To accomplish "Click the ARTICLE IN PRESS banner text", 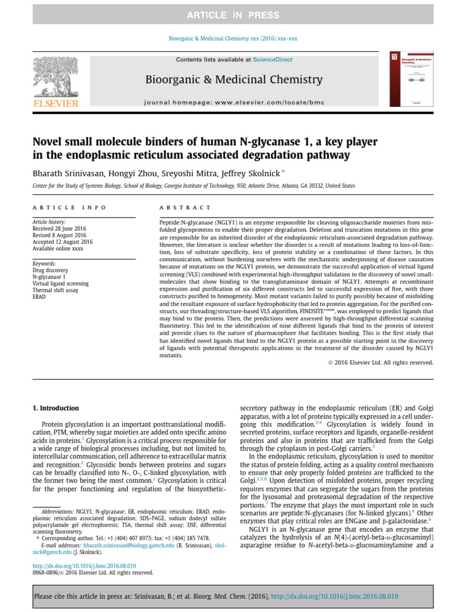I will [230, 14].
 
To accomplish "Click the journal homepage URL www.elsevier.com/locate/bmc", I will [274, 103].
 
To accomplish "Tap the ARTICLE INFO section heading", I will [69, 207].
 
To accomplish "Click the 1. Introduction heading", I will [55, 408].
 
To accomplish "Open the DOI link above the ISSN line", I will [84, 565].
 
